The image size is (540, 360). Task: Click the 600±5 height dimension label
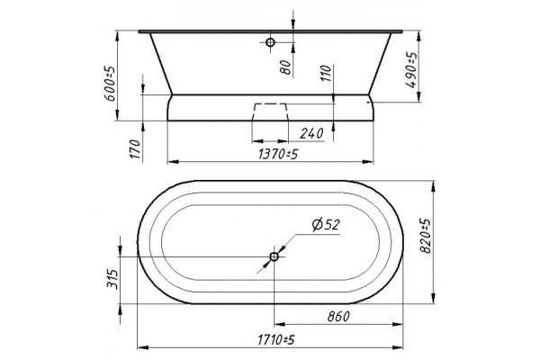pos(109,83)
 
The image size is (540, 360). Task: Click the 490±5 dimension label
pos(411,70)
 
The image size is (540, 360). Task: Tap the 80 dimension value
pos(285,67)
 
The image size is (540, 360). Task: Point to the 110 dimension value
pos(326,73)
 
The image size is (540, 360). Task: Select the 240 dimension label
pos(311,133)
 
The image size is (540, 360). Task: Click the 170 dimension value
pos(136,148)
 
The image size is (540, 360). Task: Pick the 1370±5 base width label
pos(277,155)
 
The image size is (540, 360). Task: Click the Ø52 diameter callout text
pos(326,225)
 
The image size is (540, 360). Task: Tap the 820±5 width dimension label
pos(426,236)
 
